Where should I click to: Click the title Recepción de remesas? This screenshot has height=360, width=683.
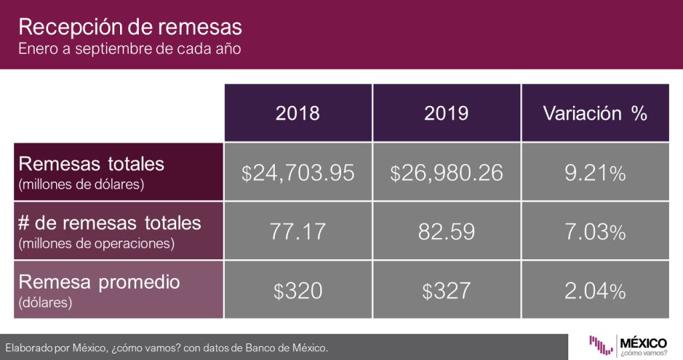(129, 28)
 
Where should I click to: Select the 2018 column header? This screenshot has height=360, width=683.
(297, 113)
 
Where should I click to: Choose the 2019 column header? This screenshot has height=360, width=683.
(446, 113)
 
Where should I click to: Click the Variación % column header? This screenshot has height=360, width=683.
(595, 113)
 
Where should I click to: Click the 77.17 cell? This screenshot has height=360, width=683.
(297, 231)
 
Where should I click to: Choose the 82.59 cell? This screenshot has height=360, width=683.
(446, 231)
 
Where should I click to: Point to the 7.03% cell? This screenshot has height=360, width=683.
(595, 231)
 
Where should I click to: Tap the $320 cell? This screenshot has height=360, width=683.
(297, 291)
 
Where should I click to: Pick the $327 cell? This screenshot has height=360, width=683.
(446, 291)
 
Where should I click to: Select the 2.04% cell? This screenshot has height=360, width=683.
(595, 291)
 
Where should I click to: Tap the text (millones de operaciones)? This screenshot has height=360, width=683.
(97, 243)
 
